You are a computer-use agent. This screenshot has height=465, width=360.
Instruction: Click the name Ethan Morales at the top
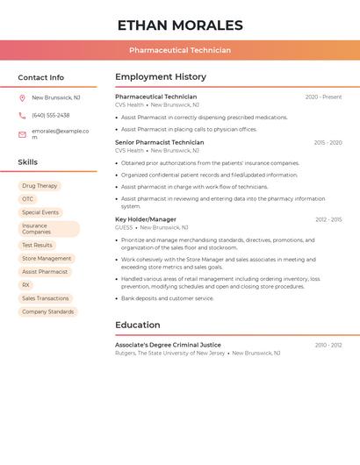180,25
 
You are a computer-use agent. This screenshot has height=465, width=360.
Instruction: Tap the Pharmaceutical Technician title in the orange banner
180,50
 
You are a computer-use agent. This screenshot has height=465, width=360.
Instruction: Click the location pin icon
22,97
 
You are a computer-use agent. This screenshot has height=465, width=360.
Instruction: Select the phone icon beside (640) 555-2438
22,115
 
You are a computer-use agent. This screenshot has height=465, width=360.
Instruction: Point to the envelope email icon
22,133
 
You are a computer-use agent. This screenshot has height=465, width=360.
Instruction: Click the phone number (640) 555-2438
51,115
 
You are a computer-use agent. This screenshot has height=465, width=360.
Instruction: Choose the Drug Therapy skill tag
40,186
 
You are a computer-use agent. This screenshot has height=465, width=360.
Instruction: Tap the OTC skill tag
28,199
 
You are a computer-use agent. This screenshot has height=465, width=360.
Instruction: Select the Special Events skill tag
40,212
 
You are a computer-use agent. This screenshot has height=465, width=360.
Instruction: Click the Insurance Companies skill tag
48,229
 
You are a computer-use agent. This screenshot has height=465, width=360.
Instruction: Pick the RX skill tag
25,285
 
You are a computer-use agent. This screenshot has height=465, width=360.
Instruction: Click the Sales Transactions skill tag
45,298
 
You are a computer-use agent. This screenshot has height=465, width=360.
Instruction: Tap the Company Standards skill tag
47,311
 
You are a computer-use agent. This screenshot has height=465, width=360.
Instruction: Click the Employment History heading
161,77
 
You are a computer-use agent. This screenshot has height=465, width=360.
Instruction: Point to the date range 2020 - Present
323,97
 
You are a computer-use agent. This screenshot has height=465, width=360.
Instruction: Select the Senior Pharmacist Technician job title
159,142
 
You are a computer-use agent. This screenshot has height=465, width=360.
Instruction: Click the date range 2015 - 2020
328,142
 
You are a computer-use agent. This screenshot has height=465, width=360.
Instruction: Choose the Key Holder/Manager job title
146,219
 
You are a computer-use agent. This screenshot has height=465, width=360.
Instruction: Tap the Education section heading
137,325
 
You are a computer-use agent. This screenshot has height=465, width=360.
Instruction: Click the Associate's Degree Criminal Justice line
168,345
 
